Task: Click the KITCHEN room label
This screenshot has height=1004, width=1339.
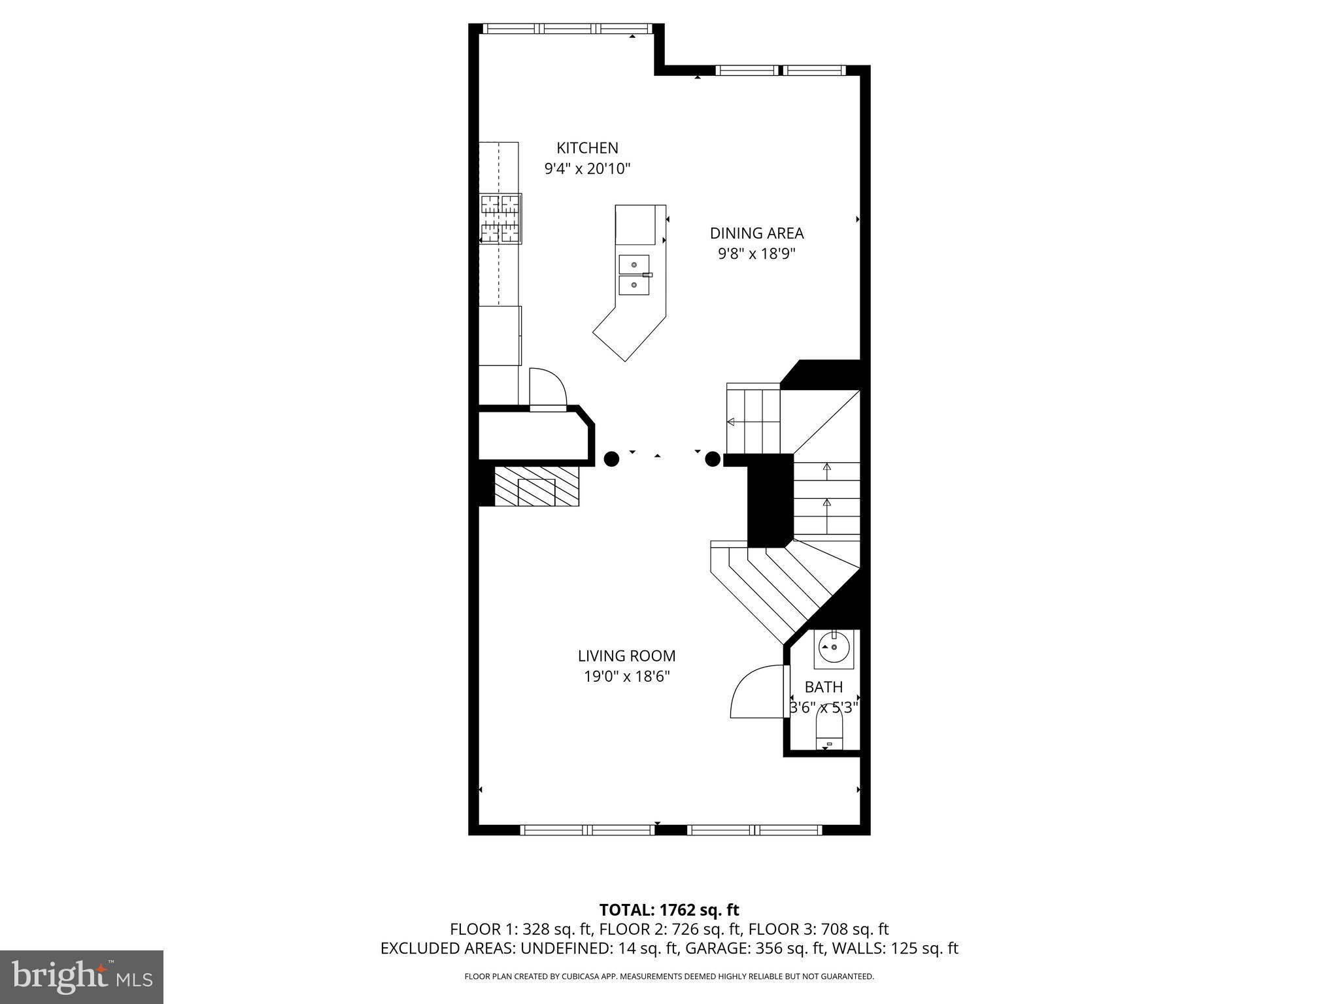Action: point(587,148)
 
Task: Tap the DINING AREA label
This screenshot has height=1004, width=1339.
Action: point(756,233)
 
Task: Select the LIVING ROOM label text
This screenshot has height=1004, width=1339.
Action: point(626,656)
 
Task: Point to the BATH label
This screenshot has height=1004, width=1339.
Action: point(824,687)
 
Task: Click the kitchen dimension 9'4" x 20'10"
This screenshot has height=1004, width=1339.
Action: point(587,169)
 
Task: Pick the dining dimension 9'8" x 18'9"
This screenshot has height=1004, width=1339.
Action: point(756,254)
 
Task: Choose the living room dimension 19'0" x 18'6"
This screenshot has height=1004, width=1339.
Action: point(627,677)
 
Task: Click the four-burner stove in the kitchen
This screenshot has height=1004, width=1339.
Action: point(501,218)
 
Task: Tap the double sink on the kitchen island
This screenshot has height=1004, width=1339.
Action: point(634,275)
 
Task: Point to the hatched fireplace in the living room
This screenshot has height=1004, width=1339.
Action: point(536,486)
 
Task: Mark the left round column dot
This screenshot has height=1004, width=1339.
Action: point(611,459)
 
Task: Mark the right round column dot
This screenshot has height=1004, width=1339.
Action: point(713,460)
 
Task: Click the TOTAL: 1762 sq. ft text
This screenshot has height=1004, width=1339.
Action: point(669,910)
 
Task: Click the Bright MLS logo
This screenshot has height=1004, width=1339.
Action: point(82,977)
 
